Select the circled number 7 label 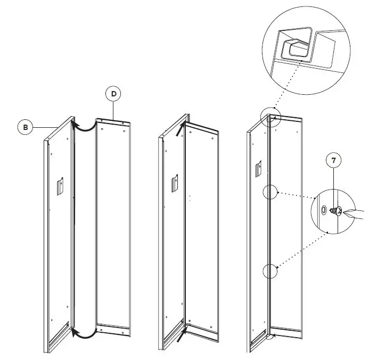pyautogui.click(x=333, y=159)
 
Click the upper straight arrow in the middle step pyautogui.click(x=183, y=128)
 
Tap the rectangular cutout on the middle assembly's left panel pyautogui.click(x=174, y=184)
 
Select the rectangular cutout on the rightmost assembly pyautogui.click(x=258, y=169)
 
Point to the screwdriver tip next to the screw pyautogui.click(x=345, y=214)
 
